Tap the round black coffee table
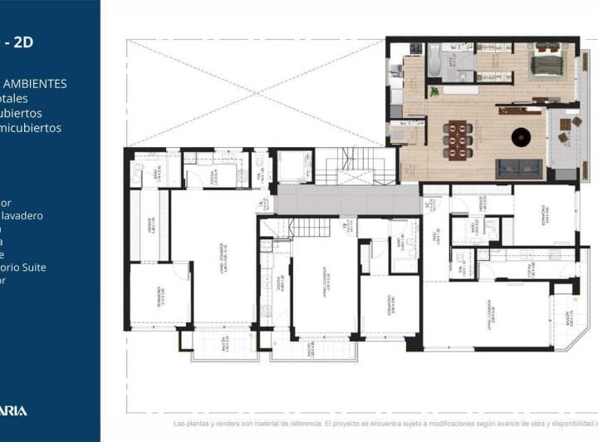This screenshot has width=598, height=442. [521, 135]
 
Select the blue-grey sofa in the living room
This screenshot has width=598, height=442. [518, 169]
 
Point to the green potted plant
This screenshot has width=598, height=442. [434, 91]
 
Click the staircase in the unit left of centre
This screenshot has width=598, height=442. [309, 227]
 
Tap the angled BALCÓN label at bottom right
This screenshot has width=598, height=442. [568, 318]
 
